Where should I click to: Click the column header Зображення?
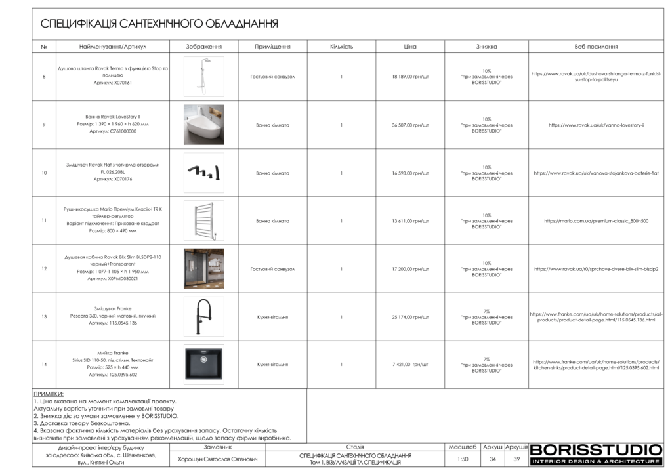204,47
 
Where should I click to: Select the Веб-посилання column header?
596,47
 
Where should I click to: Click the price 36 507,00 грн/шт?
410,125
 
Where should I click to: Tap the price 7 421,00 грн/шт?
410,364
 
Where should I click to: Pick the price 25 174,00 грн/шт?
410,317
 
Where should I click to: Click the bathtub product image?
203,125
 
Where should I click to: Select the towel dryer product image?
203,220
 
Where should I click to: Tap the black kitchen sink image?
203,364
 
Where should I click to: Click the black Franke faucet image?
203,316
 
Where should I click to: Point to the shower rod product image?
203,76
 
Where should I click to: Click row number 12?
44,269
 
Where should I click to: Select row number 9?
44,125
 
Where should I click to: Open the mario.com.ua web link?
596,221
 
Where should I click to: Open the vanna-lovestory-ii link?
596,125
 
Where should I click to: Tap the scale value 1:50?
463,459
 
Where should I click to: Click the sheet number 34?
493,459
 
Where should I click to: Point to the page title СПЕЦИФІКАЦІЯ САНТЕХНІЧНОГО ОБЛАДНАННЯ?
159,24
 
